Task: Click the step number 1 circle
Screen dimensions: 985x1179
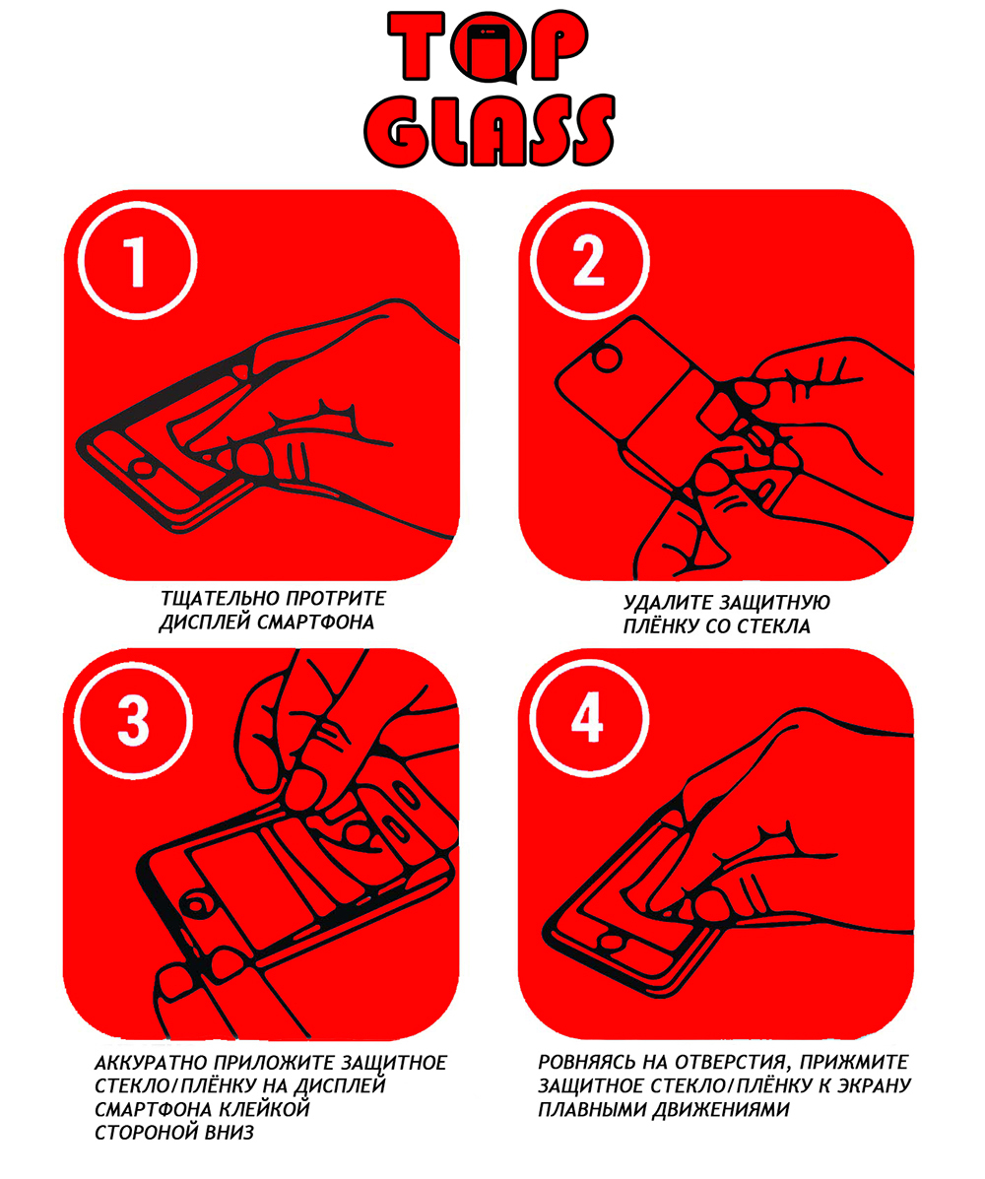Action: coord(137,261)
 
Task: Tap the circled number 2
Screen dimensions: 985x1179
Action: coord(589,261)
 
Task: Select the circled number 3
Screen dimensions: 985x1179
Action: coord(134,721)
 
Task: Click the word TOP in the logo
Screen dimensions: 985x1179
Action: coord(488,46)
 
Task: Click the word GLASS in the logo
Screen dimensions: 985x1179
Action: coord(491,130)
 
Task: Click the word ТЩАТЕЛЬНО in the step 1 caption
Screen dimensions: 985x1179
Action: coord(213,599)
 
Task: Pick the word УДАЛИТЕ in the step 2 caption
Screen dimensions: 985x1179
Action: coord(668,602)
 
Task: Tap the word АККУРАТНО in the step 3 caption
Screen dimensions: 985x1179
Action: coord(151,1063)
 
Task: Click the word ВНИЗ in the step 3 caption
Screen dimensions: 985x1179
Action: coord(230,1133)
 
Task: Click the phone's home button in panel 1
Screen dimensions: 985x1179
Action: coord(143,469)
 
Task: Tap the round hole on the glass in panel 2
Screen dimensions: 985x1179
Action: coord(608,358)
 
